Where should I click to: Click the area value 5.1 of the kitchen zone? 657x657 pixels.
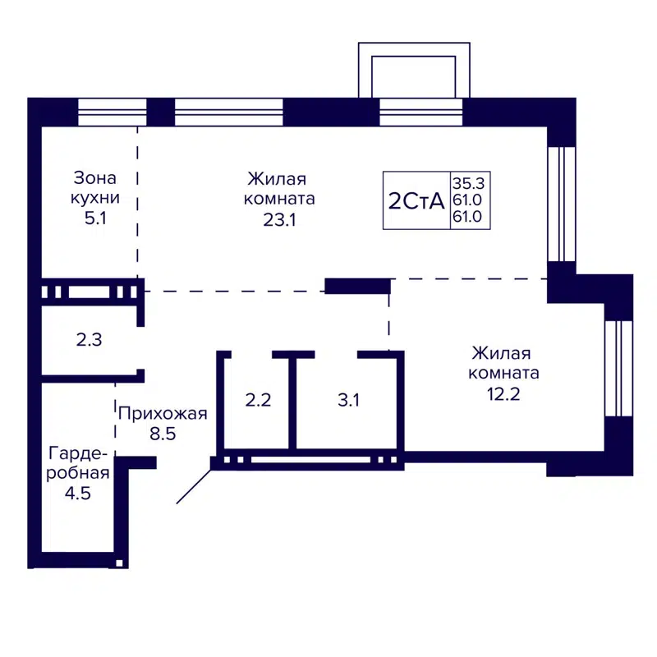pos(95,219)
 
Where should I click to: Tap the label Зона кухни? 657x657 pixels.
pos(95,188)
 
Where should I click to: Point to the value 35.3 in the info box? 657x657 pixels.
pos(470,184)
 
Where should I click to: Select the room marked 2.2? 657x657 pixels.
pos(258,400)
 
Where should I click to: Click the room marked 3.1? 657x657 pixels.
pos(349,400)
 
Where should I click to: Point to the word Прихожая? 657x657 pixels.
pos(162,413)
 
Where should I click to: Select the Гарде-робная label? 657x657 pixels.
pos(79,463)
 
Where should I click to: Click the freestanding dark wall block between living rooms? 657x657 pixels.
pos(357,286)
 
